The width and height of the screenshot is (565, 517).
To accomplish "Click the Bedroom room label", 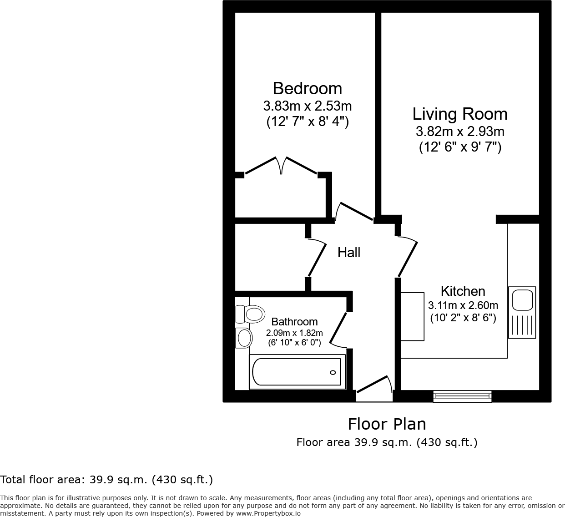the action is click(307, 88).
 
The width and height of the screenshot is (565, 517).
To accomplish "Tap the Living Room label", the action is click(459, 114).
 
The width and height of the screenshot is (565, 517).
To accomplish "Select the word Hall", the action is click(348, 252).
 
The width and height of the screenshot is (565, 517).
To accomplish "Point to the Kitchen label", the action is click(463, 291).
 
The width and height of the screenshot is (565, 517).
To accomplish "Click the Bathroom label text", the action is click(294, 322).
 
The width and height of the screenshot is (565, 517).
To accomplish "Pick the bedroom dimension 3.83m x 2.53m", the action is click(307, 106).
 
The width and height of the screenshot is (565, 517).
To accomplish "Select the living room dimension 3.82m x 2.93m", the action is click(460, 132).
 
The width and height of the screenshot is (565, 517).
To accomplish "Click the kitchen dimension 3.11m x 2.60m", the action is click(463, 305).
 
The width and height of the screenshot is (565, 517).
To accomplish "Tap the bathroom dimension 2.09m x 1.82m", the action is click(294, 333).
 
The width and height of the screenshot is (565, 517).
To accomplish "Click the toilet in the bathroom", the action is click(250, 314).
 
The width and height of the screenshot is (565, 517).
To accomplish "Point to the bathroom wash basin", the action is click(244, 338).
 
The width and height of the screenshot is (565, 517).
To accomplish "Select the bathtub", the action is click(297, 372).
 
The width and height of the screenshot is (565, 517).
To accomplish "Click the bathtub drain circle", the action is click(333, 373).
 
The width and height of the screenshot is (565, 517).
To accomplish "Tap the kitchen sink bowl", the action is click(523, 300).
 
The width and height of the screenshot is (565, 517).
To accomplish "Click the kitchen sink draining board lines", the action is click(522, 325).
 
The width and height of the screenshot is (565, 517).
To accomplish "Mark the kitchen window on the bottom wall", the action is click(462, 396).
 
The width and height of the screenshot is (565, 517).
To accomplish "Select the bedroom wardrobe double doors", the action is click(281, 166).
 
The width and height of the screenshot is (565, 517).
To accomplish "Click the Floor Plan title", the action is click(387, 424).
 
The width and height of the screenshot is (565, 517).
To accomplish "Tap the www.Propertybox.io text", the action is click(268, 513).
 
